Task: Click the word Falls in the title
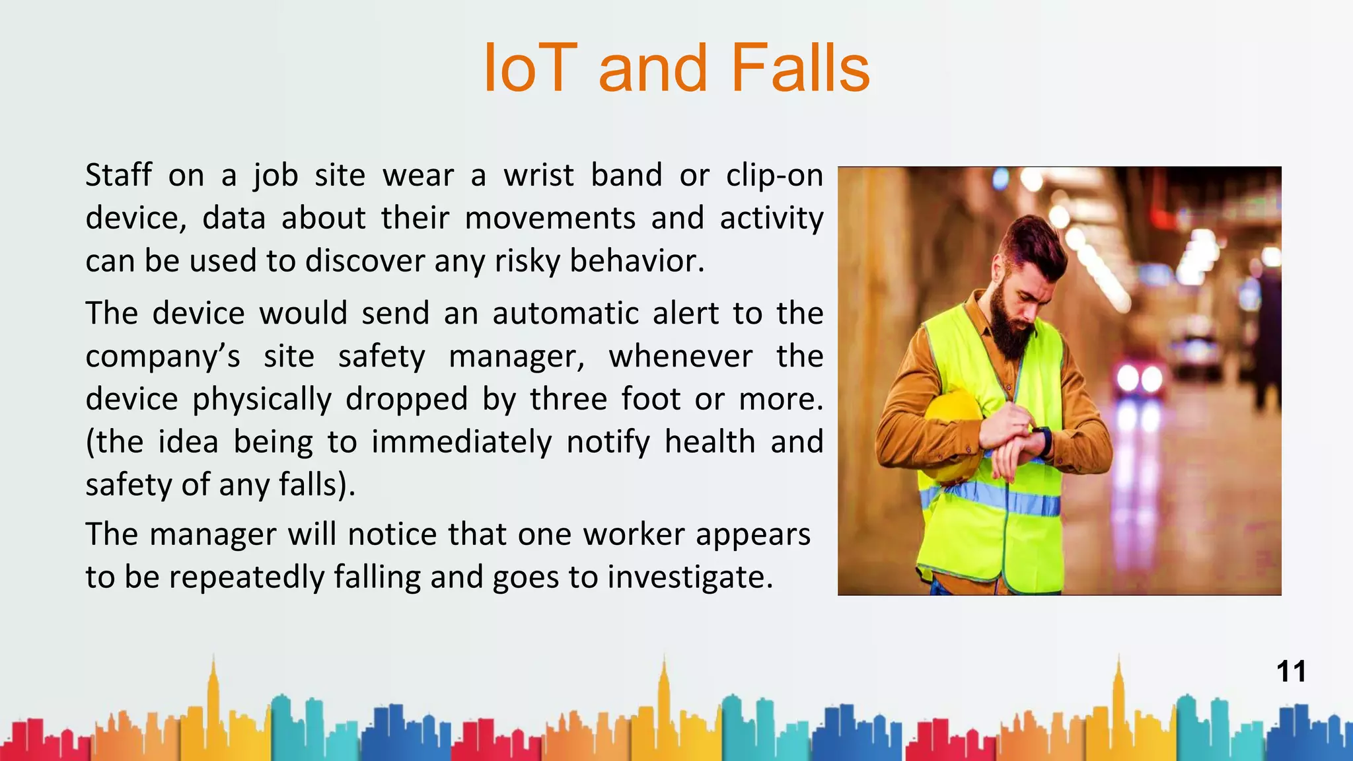(800, 68)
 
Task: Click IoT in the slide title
(530, 68)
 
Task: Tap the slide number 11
(1291, 672)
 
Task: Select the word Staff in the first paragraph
(119, 176)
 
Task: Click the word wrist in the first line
(538, 176)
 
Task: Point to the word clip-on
(774, 176)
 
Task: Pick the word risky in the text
(527, 262)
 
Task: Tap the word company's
(163, 357)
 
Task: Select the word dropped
(406, 400)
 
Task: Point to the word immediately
(461, 443)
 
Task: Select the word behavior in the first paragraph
(637, 262)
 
